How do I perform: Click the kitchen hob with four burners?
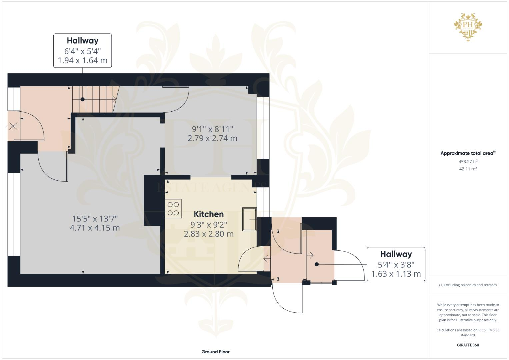coord(173,209)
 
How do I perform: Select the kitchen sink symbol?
coord(249,219)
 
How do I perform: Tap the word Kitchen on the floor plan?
coord(209,214)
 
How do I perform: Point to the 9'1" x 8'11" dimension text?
coord(212,129)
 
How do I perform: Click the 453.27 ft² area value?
coord(468,161)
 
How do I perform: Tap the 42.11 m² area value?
coord(468,169)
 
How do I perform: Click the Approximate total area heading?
coord(468,153)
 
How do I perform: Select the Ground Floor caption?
coord(215,352)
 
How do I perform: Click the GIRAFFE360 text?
coord(468,345)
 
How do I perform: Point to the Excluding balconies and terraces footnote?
coord(468,285)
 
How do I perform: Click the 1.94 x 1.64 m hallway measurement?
coord(82,60)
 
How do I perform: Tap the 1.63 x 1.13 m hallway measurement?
coord(396,274)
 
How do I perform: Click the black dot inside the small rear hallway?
coord(317,264)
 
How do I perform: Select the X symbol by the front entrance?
coord(13,126)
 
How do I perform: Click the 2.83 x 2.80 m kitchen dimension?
coord(209,234)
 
